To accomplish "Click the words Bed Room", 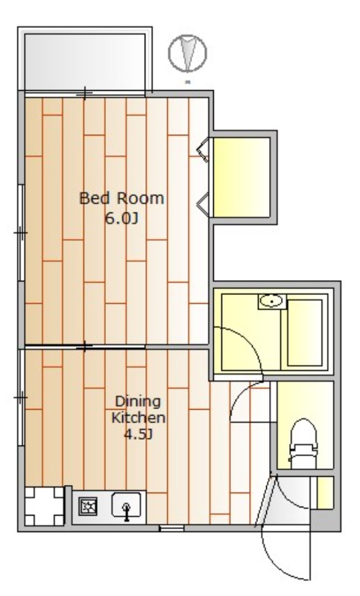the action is pos(121,198).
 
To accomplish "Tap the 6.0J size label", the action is pos(121,218).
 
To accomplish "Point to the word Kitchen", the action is pos(138,418).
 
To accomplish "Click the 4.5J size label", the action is pos(138,434).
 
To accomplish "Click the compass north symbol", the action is pos(188,53).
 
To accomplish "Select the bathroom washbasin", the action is pos(272,302).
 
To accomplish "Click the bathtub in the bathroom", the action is pos(305,333).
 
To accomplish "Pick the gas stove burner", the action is pos(88,507).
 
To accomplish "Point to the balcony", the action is pos(85,62).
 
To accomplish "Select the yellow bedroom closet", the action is pos(241,177).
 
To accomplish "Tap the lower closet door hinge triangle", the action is pos(203,204).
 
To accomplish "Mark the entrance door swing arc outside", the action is pos(275,562).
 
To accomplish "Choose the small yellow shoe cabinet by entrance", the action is pos(326,493).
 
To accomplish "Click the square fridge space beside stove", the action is pos(44,506).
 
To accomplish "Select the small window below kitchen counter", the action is pos(171,528).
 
